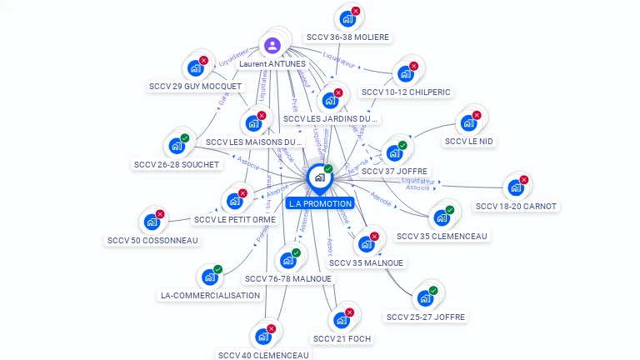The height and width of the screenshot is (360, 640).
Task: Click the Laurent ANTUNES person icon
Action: (x=272, y=45)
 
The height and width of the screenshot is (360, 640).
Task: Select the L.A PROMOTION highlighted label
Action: (x=319, y=203)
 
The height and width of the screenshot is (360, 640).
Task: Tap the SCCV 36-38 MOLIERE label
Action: (x=347, y=37)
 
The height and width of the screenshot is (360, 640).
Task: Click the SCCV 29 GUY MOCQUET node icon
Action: (x=195, y=67)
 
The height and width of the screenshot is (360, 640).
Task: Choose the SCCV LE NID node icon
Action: (x=468, y=122)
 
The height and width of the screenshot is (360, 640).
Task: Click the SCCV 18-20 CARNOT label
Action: (x=516, y=206)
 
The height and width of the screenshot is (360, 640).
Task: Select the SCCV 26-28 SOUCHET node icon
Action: (x=176, y=146)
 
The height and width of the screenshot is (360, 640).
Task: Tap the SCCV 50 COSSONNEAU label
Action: (x=152, y=240)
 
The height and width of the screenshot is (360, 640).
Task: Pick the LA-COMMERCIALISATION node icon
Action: (x=208, y=277)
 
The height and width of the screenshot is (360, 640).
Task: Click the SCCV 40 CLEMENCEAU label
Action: (x=263, y=355)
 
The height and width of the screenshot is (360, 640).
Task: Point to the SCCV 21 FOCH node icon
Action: (x=341, y=320)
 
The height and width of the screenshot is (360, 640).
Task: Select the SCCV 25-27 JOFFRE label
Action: (x=426, y=317)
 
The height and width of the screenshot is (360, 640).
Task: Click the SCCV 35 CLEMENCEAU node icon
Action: (x=442, y=217)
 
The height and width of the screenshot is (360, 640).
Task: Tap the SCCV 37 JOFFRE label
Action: (x=395, y=171)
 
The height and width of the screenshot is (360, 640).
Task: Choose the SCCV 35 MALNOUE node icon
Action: (x=365, y=244)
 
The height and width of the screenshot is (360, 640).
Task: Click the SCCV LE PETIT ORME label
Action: (x=234, y=220)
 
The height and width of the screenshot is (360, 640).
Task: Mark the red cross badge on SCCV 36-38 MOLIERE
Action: (x=356, y=12)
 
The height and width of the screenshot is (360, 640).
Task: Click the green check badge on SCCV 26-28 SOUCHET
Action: (x=185, y=138)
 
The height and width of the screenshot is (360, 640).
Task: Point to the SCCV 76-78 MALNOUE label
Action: (x=288, y=278)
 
